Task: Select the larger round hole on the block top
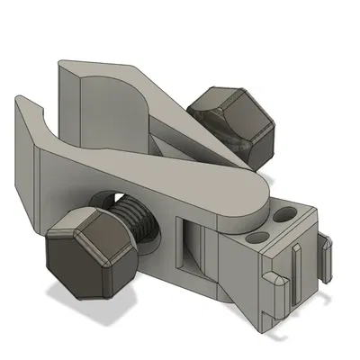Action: [286, 215]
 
